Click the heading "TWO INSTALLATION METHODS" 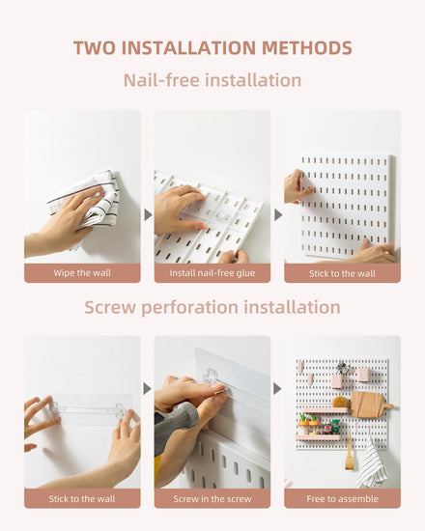(x=212, y=47)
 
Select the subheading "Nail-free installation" (x=212, y=80)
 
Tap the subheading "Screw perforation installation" (x=212, y=307)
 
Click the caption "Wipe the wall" (x=82, y=273)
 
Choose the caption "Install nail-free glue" (x=212, y=273)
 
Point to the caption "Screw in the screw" (x=212, y=499)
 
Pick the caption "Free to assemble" (x=342, y=499)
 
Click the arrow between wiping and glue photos (x=148, y=214)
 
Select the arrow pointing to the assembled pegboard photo (x=277, y=389)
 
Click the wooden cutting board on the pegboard (x=369, y=405)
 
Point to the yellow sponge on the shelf (x=340, y=403)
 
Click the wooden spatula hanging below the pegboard (x=349, y=454)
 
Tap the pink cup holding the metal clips (x=338, y=381)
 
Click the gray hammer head (x=177, y=419)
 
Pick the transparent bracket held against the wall (x=87, y=409)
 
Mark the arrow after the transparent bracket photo (x=148, y=389)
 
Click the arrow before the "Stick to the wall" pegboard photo (x=277, y=214)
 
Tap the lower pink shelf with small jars (x=318, y=437)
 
